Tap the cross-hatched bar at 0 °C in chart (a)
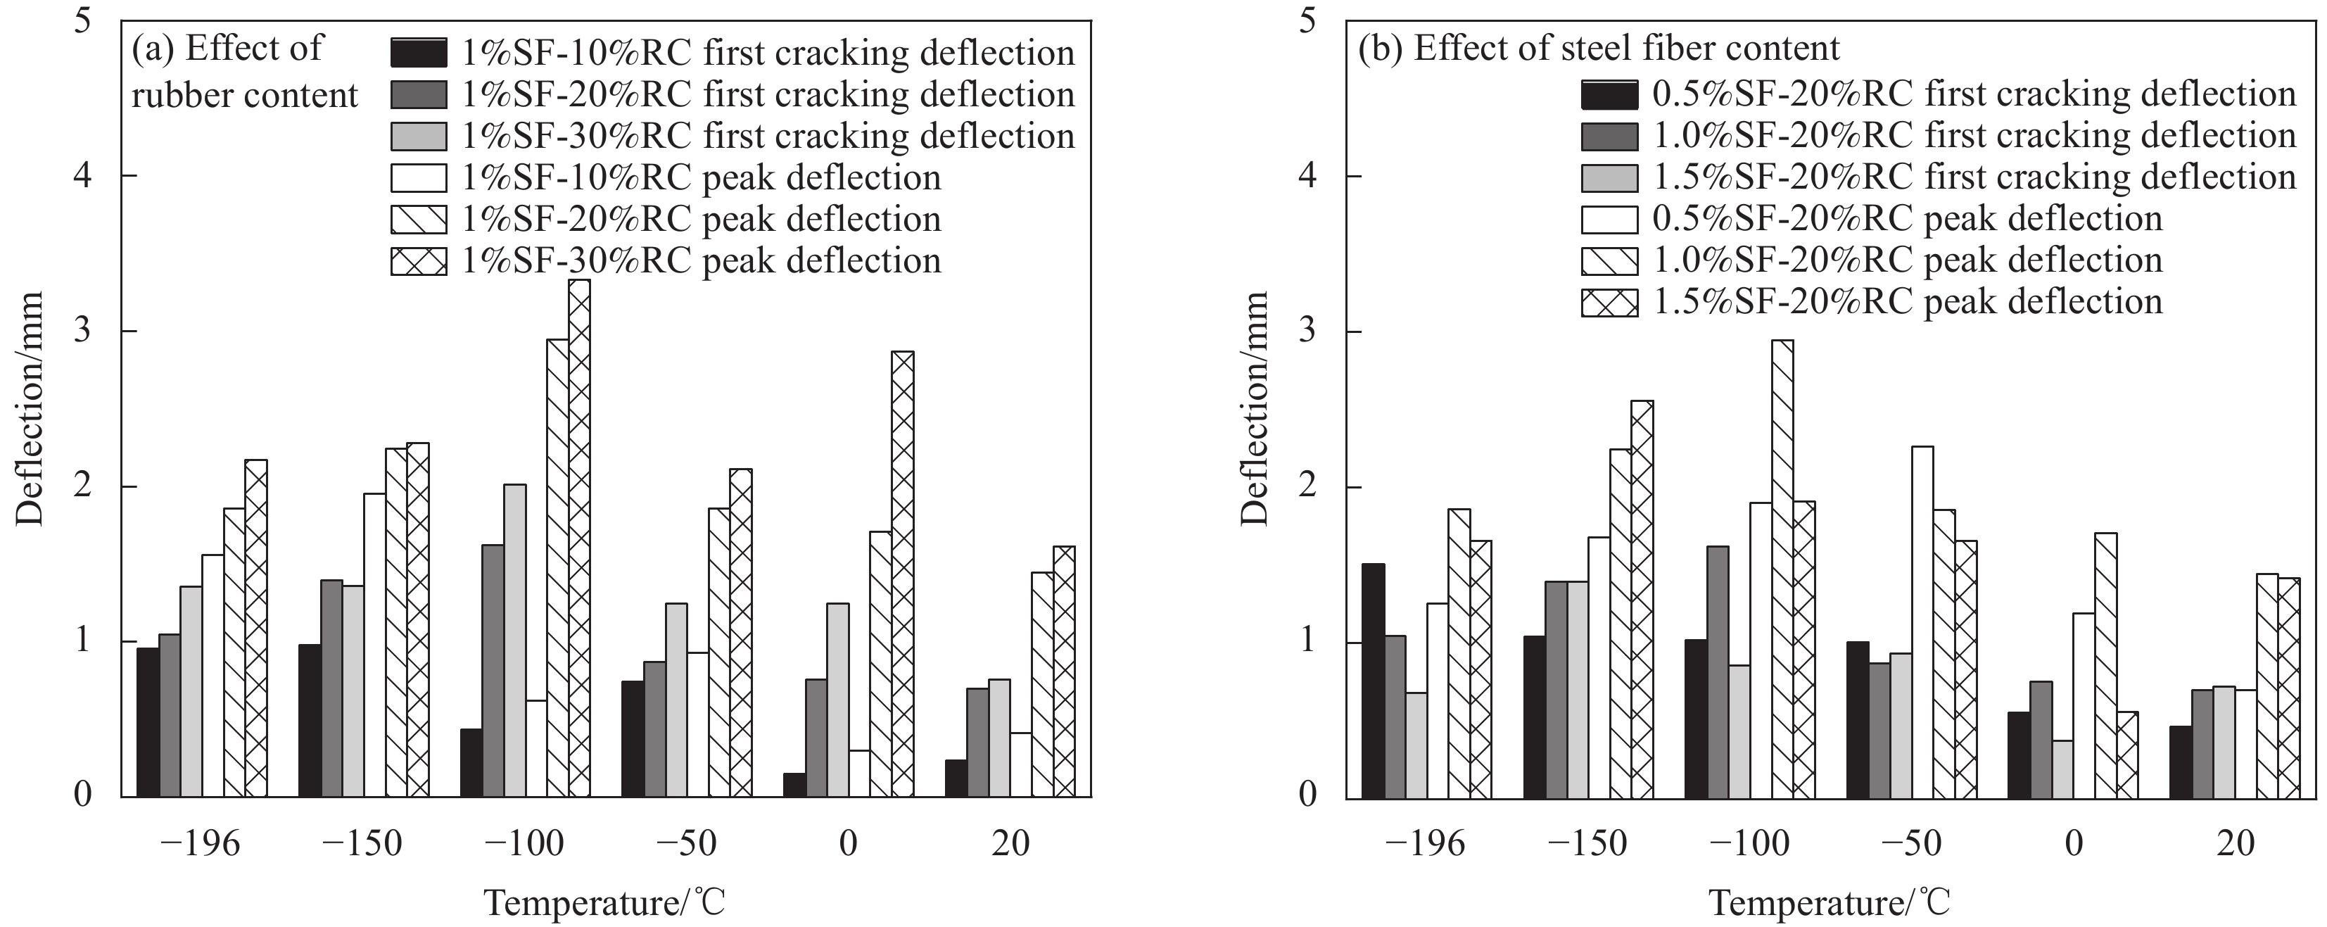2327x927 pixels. (x=902, y=574)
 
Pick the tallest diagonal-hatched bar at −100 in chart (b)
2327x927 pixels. (x=1782, y=569)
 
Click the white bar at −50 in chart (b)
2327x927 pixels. (x=1922, y=622)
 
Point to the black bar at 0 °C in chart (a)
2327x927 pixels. (x=795, y=784)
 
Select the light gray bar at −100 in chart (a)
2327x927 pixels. (x=515, y=641)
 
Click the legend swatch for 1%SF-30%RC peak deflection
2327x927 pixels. (x=418, y=261)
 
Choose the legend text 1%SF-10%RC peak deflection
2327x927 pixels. (x=701, y=178)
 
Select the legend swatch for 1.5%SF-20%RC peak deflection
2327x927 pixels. (x=1609, y=303)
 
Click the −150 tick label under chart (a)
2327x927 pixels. (x=362, y=844)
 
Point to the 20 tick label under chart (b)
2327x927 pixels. (x=2236, y=844)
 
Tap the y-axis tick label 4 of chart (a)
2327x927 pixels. (x=83, y=175)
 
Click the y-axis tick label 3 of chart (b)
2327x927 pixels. (x=1307, y=332)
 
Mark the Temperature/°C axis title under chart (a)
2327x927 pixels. (x=604, y=902)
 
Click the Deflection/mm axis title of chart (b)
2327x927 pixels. (x=1255, y=408)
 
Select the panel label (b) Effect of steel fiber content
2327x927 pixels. (x=1599, y=48)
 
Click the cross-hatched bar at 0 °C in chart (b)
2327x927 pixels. (x=2127, y=755)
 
